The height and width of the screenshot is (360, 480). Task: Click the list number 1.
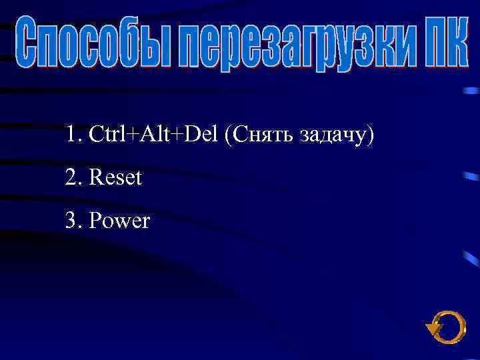71,135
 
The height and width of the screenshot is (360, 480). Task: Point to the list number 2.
71,178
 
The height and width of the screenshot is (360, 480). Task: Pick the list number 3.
71,221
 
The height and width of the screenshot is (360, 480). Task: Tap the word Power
119,221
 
